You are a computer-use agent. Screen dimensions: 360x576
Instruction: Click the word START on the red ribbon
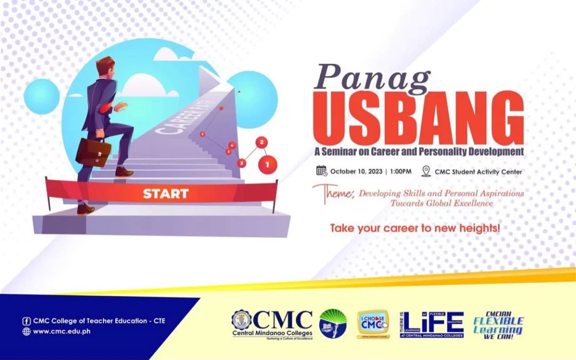165,194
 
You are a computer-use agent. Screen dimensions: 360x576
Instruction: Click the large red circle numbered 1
267,164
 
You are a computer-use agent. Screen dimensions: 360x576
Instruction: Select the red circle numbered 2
261,142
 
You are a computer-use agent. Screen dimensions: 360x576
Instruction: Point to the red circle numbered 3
242,163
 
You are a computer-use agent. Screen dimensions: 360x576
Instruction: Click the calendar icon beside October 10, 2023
322,171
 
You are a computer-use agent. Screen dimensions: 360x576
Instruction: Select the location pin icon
426,171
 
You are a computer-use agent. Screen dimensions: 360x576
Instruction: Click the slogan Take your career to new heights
414,228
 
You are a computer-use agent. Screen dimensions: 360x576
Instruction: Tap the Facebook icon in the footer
26,321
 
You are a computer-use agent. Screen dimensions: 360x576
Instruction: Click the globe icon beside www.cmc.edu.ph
26,331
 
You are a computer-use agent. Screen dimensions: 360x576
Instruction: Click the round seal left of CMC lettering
242,319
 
